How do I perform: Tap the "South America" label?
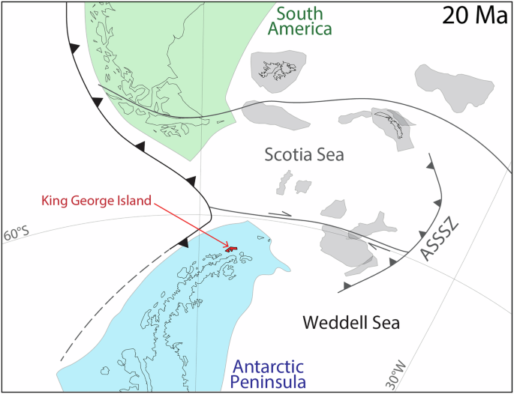303,21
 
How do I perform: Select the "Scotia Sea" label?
304,155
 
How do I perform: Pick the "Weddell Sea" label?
350,323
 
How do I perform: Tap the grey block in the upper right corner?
453,87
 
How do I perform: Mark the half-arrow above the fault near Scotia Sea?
279,213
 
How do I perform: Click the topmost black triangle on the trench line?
74,47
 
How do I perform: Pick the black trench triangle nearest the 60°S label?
182,242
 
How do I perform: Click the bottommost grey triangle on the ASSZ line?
346,286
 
